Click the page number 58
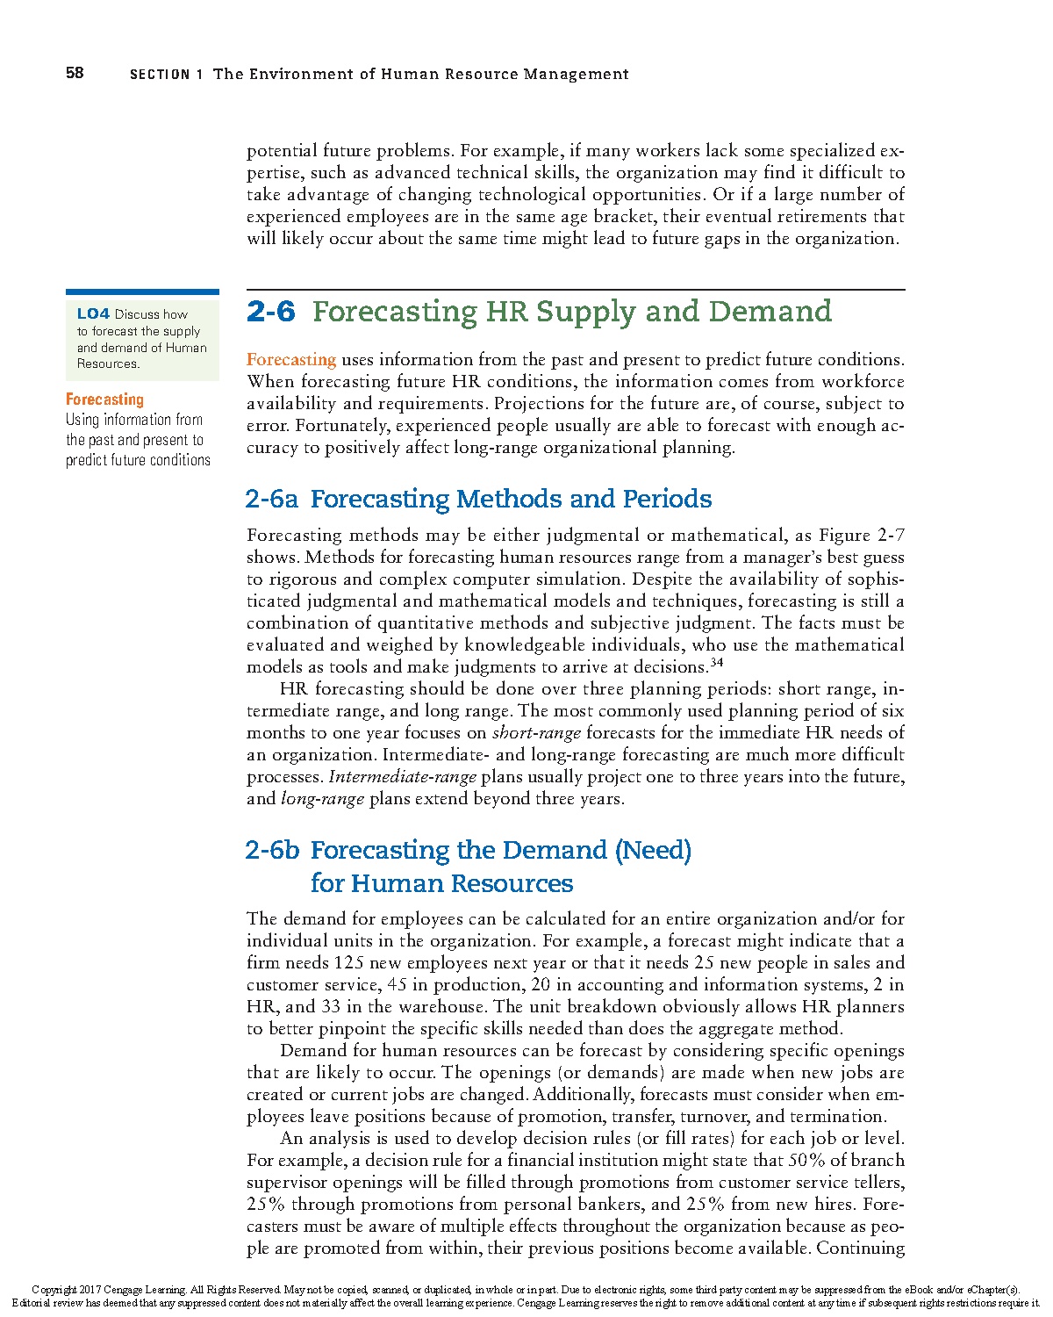[x=75, y=73]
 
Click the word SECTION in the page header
[x=160, y=75]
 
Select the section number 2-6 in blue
[x=271, y=312]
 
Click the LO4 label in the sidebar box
[x=93, y=314]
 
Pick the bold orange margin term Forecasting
[x=104, y=399]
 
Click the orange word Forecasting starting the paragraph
[x=291, y=360]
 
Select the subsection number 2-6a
[x=272, y=499]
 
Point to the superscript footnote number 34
[x=717, y=662]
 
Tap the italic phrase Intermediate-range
[x=403, y=777]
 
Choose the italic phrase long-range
[x=322, y=799]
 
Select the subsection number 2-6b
[x=273, y=850]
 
